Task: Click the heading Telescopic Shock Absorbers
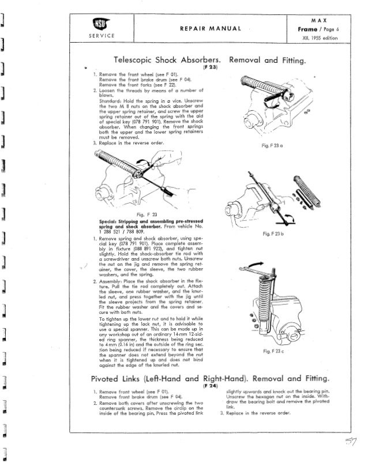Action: click(167, 59)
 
